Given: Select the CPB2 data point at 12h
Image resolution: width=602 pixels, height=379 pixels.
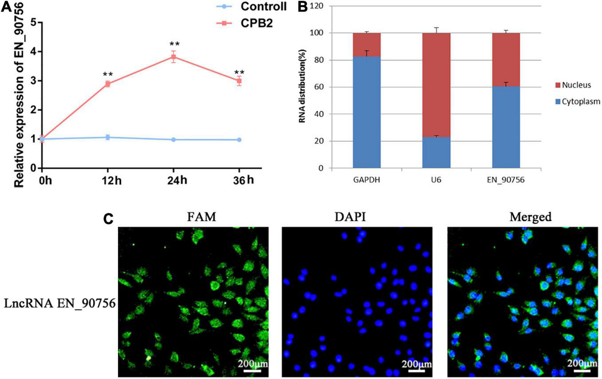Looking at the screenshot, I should click(107, 84).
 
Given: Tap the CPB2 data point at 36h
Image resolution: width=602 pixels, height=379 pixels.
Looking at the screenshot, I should click(240, 81).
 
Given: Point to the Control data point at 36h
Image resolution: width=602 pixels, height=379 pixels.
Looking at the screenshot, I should click(240, 140).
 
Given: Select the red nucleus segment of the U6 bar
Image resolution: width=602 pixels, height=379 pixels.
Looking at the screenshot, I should click(437, 85).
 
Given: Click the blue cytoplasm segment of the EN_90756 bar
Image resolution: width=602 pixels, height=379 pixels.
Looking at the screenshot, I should click(506, 127).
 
